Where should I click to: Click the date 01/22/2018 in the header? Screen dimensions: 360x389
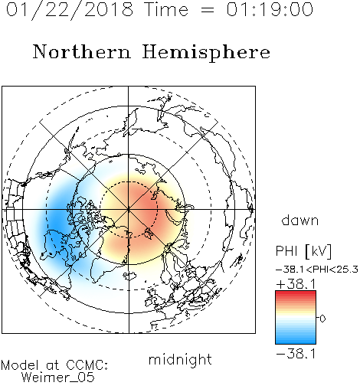pyautogui.click(x=70, y=10)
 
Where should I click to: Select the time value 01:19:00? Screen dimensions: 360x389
pyautogui.click(x=270, y=9)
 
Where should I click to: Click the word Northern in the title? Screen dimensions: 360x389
pyautogui.click(x=82, y=52)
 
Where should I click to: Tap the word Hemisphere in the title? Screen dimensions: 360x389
pyautogui.click(x=206, y=53)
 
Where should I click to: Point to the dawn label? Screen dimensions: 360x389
pyautogui.click(x=300, y=221)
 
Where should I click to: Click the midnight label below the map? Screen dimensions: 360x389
pyautogui.click(x=180, y=360)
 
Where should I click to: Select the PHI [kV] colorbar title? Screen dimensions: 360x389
pyautogui.click(x=303, y=251)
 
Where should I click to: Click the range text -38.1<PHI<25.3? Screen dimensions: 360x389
pyautogui.click(x=317, y=270)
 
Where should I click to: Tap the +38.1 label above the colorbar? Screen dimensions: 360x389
pyautogui.click(x=296, y=284)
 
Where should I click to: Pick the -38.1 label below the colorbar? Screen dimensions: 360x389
pyautogui.click(x=296, y=354)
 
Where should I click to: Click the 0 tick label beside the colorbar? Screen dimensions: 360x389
pyautogui.click(x=322, y=319)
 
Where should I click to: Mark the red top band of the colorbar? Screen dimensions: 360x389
pyautogui.click(x=296, y=293)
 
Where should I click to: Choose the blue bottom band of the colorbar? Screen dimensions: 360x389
pyautogui.click(x=296, y=341)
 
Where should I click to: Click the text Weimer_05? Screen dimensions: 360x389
pyautogui.click(x=58, y=378)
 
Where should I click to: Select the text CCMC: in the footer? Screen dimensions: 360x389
pyautogui.click(x=87, y=365)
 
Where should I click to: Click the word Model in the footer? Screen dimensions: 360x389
pyautogui.click(x=20, y=365)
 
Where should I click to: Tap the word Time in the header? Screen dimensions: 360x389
pyautogui.click(x=166, y=9)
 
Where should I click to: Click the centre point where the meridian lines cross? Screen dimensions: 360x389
pyautogui.click(x=129, y=210)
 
